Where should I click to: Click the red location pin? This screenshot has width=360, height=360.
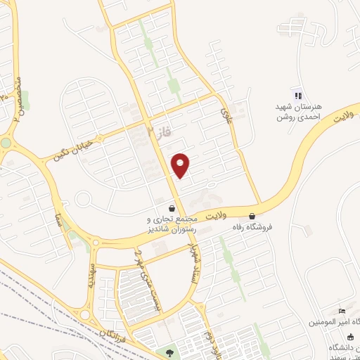pos(181,165)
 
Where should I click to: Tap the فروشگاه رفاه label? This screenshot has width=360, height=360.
pos(252,228)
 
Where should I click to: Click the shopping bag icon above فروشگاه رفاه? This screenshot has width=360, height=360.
pos(252,217)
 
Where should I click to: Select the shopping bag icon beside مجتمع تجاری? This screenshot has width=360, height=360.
pos(172,208)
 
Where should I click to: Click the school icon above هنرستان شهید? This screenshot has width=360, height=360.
pos(297,96)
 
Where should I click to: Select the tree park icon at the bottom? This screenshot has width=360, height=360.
pos(169,352)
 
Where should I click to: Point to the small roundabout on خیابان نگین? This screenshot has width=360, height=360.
pos(83,200)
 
